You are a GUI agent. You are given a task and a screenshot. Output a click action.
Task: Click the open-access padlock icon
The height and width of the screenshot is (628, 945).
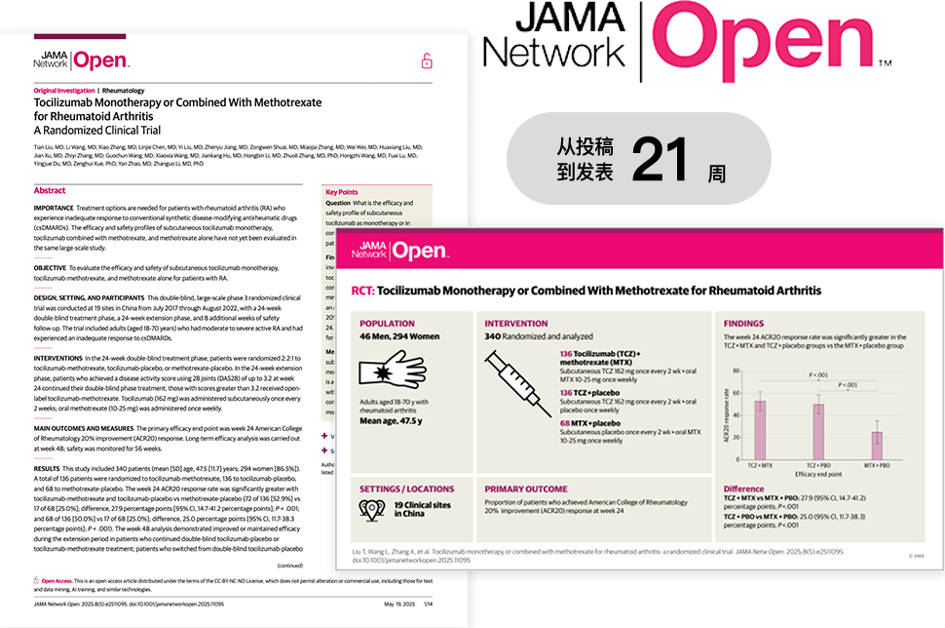click(x=426, y=62)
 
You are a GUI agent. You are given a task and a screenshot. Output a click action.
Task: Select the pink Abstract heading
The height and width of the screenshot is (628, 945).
click(x=50, y=191)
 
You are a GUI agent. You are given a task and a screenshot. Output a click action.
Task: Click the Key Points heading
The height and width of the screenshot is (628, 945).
click(x=341, y=192)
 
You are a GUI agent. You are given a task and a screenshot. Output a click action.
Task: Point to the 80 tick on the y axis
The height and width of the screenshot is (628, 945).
click(x=737, y=372)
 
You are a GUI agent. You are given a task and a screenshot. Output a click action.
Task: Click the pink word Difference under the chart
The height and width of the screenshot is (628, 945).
click(x=743, y=488)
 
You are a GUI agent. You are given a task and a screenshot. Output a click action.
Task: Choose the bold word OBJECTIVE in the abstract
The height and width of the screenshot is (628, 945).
click(x=50, y=266)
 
